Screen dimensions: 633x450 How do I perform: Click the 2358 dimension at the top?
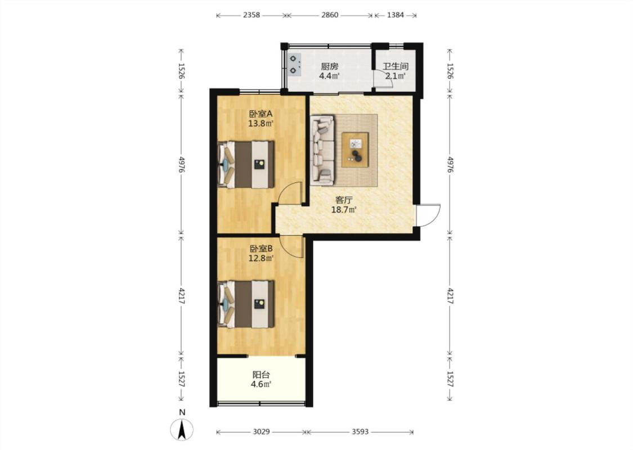pos(252,15)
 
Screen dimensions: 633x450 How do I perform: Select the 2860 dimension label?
pos(329,15)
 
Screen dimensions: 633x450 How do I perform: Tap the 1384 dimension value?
pos(395,15)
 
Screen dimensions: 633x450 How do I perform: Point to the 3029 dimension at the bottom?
pos(261,432)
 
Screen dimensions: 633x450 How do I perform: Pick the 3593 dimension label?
pos(360,432)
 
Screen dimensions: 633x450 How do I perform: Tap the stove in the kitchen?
pos(294,65)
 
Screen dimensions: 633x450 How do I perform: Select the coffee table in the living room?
pos(355,150)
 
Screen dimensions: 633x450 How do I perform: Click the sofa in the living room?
pos(322,151)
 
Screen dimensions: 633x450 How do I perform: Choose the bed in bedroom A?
pos(246,164)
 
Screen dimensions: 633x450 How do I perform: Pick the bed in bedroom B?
pos(246,304)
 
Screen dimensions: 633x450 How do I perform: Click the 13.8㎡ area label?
pos(261,124)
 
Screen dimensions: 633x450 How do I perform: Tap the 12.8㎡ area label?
pos(261,258)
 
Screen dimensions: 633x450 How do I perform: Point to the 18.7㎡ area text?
pos(344,209)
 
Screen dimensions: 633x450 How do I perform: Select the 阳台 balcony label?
pos(261,375)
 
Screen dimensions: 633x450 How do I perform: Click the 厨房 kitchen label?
pos(329,66)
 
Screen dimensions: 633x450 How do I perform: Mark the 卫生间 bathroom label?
pos(396,66)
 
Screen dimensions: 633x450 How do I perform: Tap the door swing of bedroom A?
pos(291,193)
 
